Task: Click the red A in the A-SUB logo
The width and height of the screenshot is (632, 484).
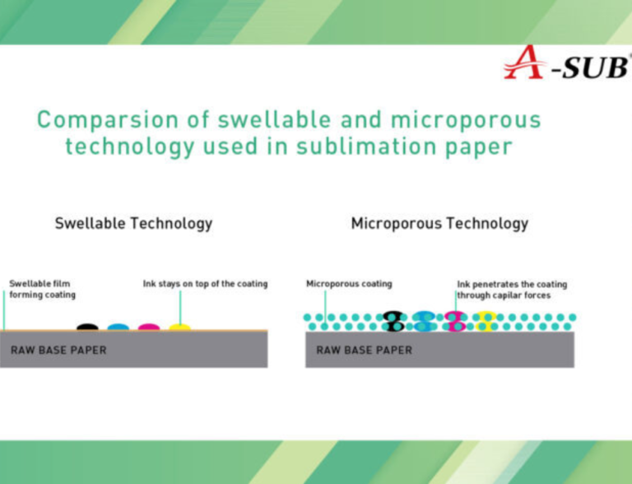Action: (x=524, y=63)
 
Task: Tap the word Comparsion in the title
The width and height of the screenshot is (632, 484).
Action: (x=108, y=120)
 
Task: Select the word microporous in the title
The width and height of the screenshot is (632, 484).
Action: (x=466, y=120)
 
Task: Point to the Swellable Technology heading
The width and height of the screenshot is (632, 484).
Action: (x=133, y=223)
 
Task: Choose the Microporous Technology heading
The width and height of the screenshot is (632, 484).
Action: (x=439, y=223)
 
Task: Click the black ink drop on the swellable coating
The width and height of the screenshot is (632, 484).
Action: (x=87, y=327)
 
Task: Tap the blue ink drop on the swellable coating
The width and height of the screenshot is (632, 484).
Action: (x=118, y=327)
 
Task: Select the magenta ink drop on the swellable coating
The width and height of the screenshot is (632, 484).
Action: (x=149, y=327)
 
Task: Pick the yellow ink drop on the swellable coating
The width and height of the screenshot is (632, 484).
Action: (x=179, y=327)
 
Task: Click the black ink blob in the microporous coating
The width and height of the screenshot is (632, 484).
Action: (x=393, y=321)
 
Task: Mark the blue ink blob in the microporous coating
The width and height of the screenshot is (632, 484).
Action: (x=423, y=321)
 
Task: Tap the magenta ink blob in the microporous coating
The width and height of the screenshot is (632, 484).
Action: (x=455, y=321)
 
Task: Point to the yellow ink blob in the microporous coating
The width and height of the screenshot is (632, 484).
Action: (x=485, y=321)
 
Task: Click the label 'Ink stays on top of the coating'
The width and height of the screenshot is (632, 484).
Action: (x=205, y=284)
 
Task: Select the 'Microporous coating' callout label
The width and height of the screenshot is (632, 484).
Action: (x=349, y=284)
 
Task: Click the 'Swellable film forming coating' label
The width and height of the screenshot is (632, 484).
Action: (x=42, y=289)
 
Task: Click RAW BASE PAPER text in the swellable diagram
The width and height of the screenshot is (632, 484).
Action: (x=58, y=350)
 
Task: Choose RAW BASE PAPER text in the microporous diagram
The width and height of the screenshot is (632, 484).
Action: (x=365, y=350)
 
